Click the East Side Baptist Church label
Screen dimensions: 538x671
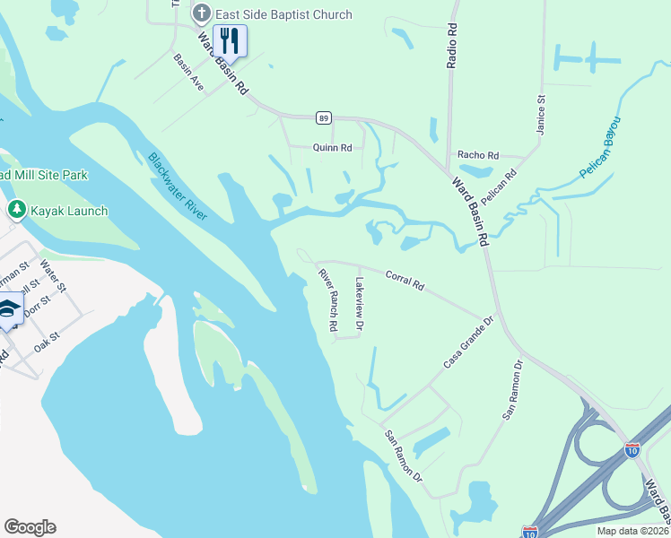[283, 14]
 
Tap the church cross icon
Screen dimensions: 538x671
[201, 13]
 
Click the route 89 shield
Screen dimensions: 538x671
[324, 117]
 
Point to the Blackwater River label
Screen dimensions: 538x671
[177, 187]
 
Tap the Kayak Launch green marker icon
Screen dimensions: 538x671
[15, 210]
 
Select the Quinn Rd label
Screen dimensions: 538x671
[332, 147]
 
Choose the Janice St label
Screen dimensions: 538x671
[541, 116]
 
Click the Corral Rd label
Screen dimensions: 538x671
[405, 279]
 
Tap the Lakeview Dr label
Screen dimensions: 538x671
[359, 305]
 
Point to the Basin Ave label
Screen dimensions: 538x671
[189, 76]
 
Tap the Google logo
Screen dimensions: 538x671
[30, 527]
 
